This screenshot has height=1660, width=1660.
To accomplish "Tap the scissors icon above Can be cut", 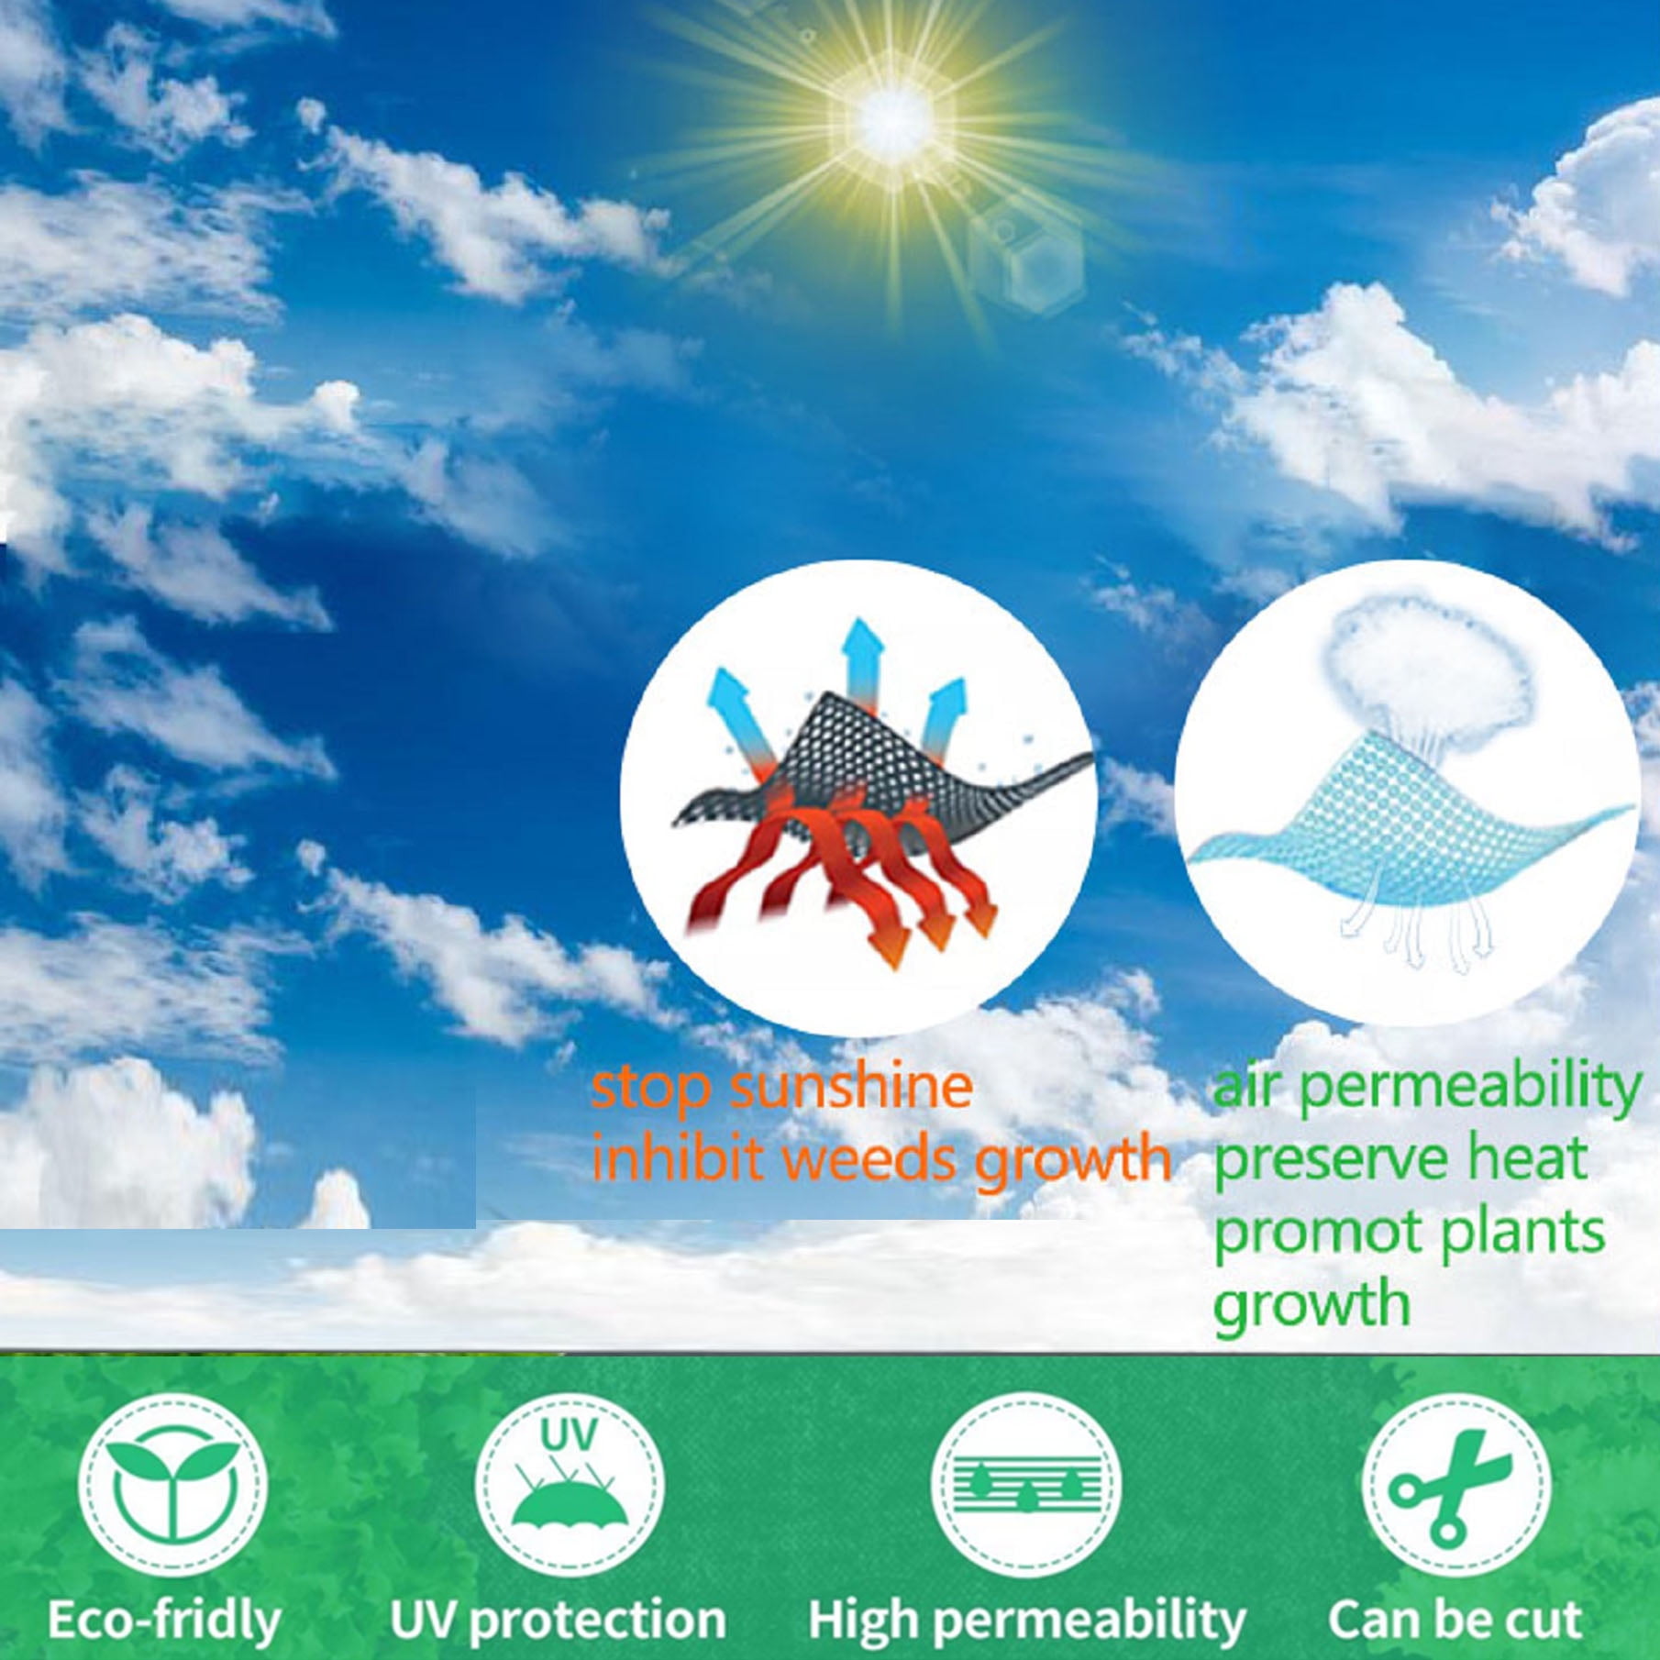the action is point(1454,1484).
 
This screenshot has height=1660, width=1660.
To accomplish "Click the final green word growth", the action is point(1311,1305).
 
